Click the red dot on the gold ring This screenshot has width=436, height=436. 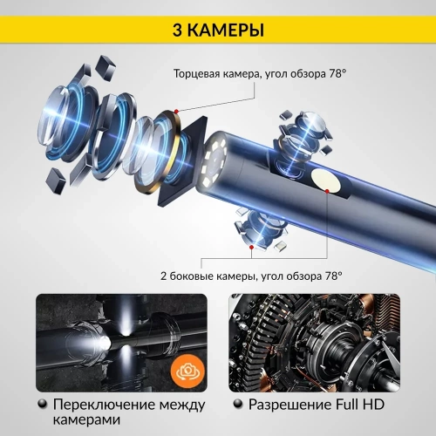(x=176, y=111)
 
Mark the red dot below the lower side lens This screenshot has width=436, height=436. (x=252, y=248)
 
